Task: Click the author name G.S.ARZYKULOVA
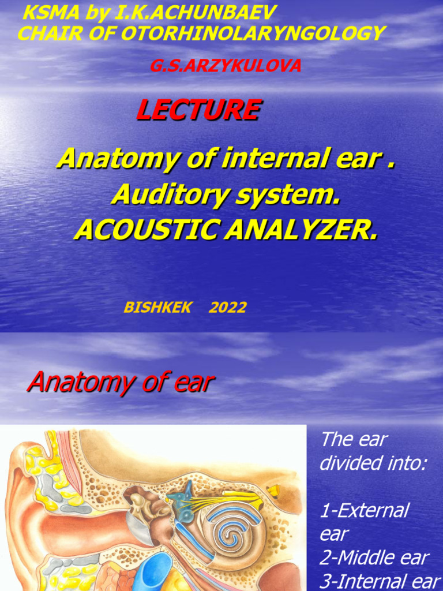point(226,66)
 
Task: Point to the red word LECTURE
point(198,110)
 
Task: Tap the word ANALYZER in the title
point(302,230)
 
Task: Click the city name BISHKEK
point(157,308)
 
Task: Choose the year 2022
point(227,308)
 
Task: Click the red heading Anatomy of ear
point(121,382)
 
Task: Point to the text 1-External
point(364,510)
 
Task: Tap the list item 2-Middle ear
point(374,558)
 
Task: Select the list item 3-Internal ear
point(380,581)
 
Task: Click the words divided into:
point(373,463)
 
